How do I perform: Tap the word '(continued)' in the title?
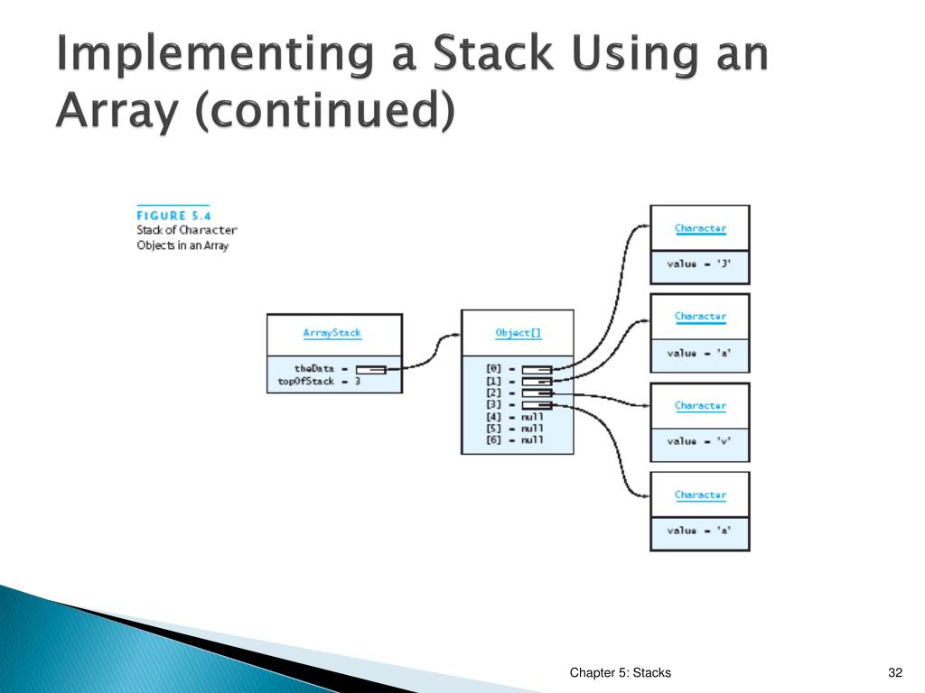(x=255, y=112)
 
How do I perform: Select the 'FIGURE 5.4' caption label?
(x=173, y=215)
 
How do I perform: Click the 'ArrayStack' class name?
(x=332, y=333)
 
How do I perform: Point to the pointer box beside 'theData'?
(x=370, y=368)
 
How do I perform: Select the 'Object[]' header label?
(x=519, y=333)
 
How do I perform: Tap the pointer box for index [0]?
(x=537, y=369)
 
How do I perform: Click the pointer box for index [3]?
(x=537, y=404)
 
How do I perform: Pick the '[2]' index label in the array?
(x=494, y=393)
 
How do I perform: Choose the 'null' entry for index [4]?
(x=531, y=417)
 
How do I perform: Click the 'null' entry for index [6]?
(x=531, y=439)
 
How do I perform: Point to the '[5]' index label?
(x=494, y=428)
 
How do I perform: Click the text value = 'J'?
(x=700, y=264)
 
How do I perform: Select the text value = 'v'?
(x=700, y=442)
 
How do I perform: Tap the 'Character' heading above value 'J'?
(x=700, y=228)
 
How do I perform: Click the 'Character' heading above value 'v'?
(x=700, y=406)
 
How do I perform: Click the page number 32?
(x=895, y=672)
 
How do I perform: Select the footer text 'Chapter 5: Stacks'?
(x=620, y=672)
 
